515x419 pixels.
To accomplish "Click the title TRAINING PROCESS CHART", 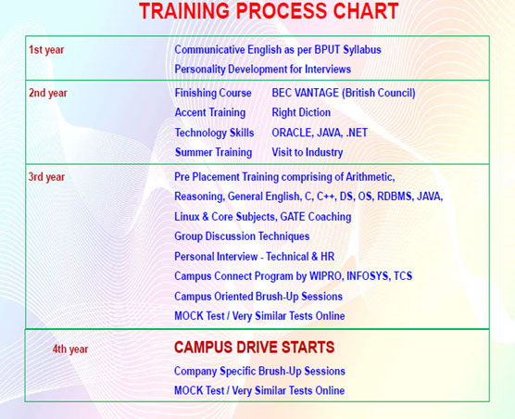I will tap(269, 12).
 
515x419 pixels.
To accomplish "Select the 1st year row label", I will tap(46, 49).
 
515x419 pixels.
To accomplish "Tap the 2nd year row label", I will tap(48, 93).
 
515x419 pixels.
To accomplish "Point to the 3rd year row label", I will tap(46, 176).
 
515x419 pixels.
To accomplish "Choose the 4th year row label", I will tap(70, 349).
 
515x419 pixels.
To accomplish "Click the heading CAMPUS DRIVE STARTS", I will tap(254, 348).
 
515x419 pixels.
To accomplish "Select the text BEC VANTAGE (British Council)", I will tap(343, 93).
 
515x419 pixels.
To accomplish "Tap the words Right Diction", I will tap(301, 113).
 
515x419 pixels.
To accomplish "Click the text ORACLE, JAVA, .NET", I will tap(320, 133).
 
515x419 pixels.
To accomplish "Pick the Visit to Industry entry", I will tap(307, 152).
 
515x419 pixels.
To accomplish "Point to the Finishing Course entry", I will tap(213, 93).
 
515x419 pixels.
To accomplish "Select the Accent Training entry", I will tap(210, 113).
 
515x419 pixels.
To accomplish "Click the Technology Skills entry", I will tap(214, 133).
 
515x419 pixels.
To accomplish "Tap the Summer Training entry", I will tap(213, 152).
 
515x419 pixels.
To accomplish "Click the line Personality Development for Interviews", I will tap(263, 69).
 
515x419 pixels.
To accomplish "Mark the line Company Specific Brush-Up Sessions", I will tap(259, 371).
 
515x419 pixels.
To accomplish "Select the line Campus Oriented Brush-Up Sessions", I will tap(258, 297).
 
